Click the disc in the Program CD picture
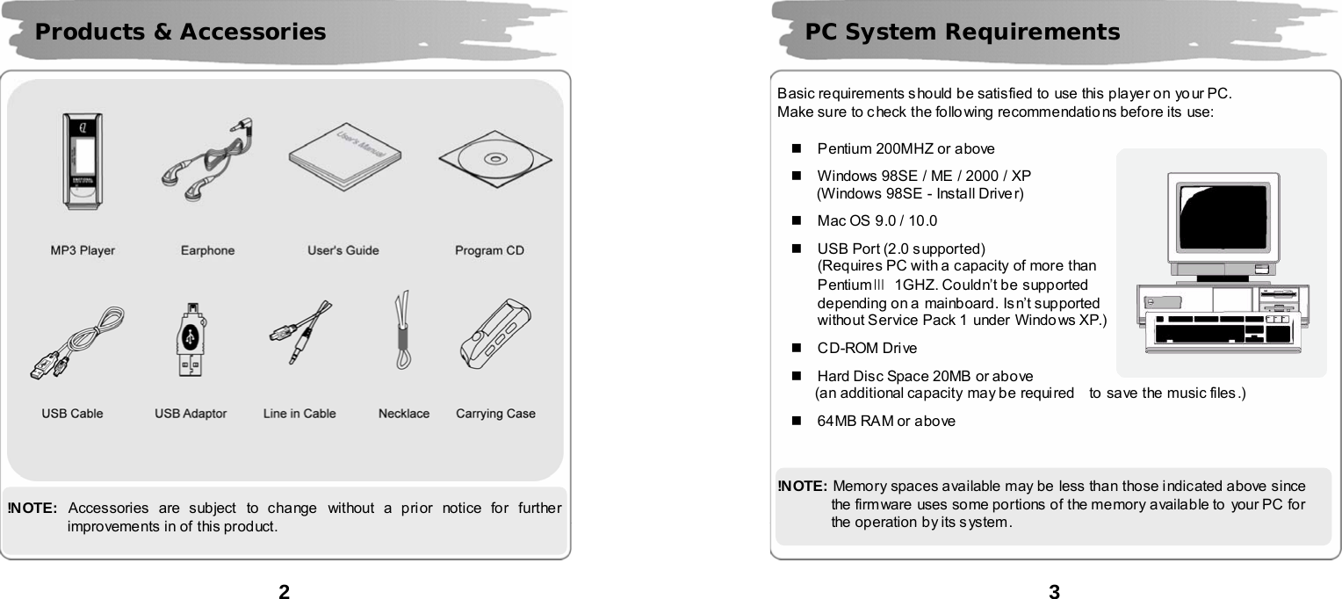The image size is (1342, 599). click(494, 161)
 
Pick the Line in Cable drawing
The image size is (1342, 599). click(301, 332)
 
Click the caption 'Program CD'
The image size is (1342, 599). click(489, 250)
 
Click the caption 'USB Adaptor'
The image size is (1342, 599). click(191, 414)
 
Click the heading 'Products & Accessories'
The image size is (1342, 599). click(180, 32)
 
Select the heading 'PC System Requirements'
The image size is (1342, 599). click(963, 32)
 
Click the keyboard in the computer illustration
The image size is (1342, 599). click(1223, 329)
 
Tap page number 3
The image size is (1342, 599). click(1055, 591)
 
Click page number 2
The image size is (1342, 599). click(284, 591)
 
